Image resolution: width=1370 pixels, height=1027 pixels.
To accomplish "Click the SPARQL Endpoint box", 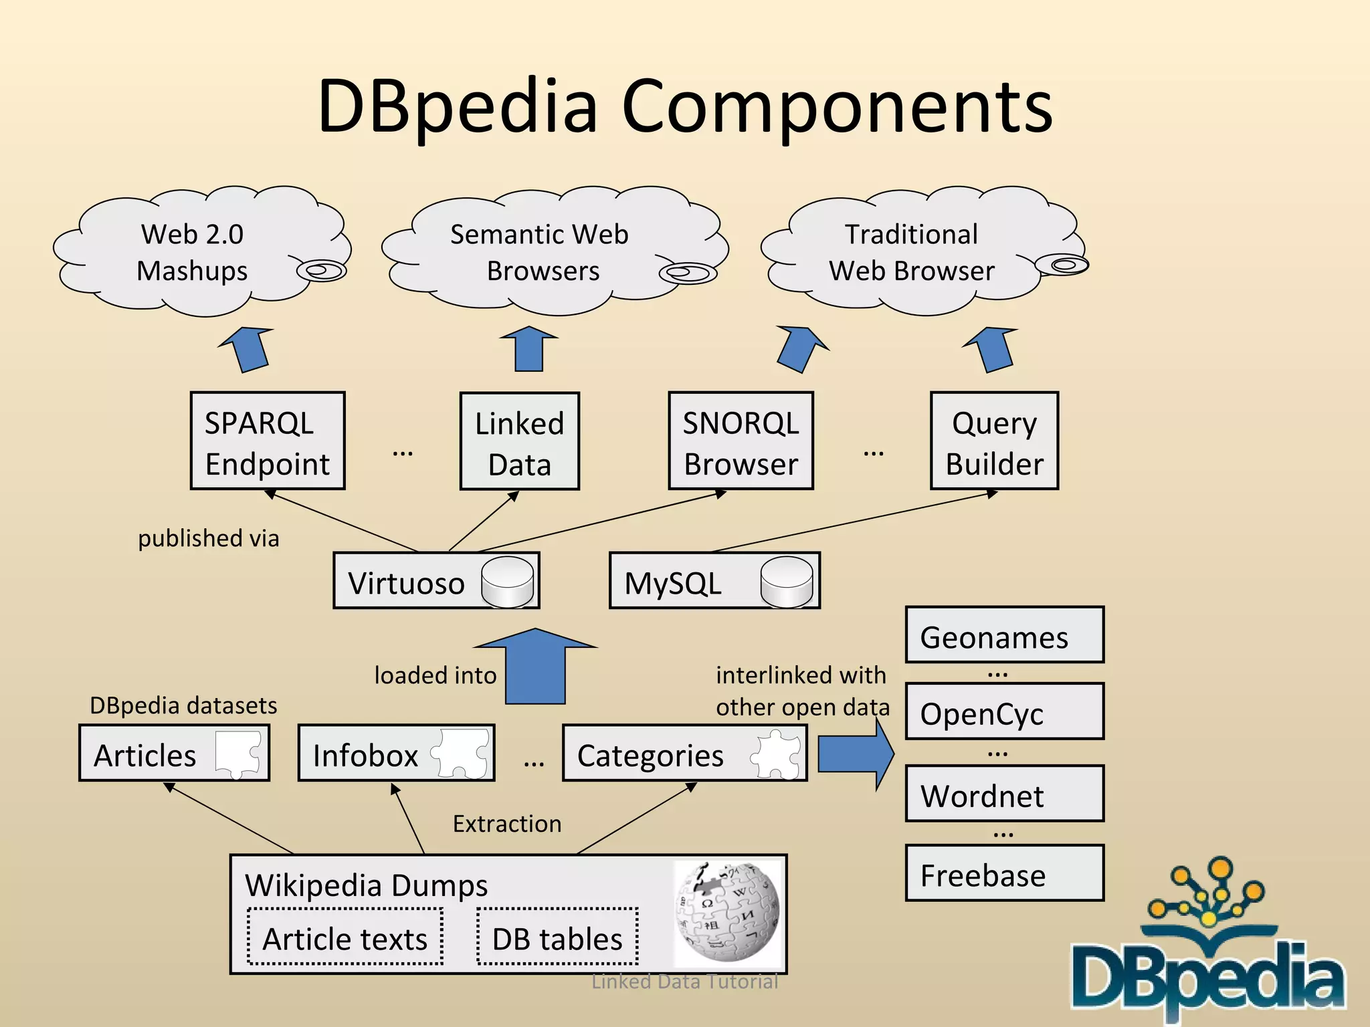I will coord(267,441).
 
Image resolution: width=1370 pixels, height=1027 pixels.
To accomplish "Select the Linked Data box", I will coord(519,441).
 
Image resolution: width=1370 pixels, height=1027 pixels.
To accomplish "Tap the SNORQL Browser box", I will coord(741,441).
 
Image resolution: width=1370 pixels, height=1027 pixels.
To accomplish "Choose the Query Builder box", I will coord(994,441).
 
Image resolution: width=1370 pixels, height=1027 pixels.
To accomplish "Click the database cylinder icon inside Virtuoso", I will coord(508,582).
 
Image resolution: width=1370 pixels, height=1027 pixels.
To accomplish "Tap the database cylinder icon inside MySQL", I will coord(787,582).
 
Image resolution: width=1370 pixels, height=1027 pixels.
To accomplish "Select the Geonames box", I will coord(1004,635).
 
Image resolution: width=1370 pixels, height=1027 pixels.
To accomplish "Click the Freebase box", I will coord(1004,874).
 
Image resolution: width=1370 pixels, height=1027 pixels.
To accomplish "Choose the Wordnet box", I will coord(1004,794).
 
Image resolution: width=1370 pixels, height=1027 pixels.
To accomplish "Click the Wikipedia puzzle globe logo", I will coord(728,912).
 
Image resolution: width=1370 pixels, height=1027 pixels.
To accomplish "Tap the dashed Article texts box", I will coord(345,937).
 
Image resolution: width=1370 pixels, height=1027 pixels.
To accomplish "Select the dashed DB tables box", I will coord(557,937).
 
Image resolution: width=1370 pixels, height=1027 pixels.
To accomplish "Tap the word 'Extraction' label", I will coord(507,824).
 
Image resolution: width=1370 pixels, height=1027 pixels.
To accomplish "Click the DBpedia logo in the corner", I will coord(1207,949).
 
